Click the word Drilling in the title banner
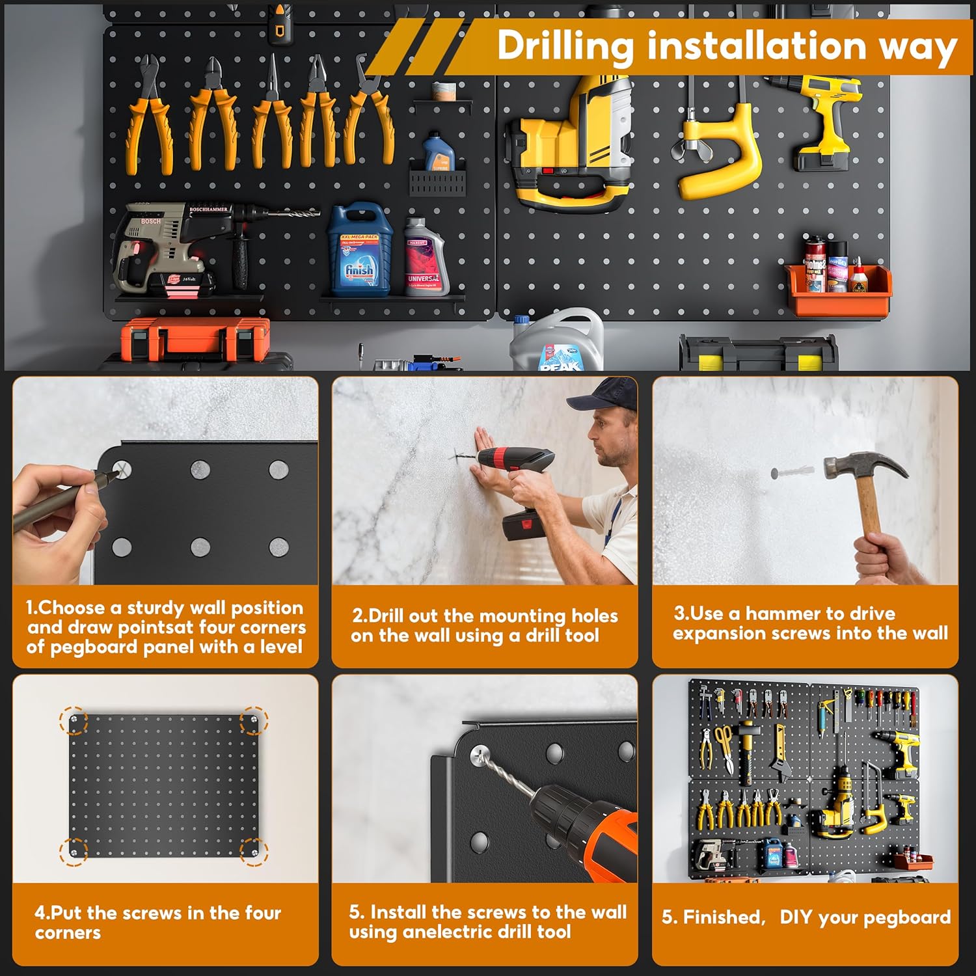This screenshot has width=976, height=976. (x=565, y=47)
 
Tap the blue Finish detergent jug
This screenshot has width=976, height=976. (x=359, y=251)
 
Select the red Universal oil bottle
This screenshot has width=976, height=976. (x=424, y=258)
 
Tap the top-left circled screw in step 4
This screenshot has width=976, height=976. (x=74, y=720)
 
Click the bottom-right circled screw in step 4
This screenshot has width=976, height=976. (x=253, y=850)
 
